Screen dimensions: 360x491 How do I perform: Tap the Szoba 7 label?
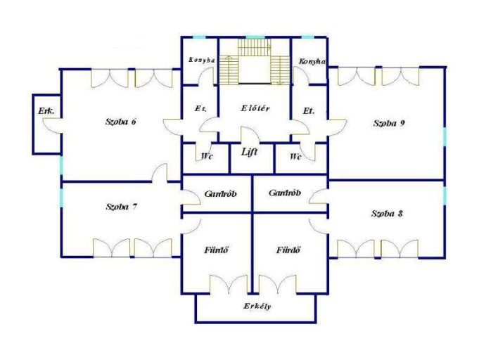[x=121, y=207]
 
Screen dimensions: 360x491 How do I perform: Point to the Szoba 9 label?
[x=388, y=123]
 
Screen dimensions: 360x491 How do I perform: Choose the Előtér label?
[x=255, y=108]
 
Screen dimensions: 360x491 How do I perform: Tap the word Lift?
[x=249, y=152]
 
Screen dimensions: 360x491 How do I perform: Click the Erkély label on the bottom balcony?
[x=257, y=307]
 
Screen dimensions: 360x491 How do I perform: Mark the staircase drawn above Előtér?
[x=254, y=63]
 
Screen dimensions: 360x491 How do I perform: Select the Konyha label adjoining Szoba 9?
[x=312, y=62]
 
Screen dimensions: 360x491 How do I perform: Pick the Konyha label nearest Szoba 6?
[x=201, y=60]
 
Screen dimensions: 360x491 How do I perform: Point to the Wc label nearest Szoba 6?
[x=207, y=156]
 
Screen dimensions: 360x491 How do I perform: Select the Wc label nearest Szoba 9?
[x=295, y=156]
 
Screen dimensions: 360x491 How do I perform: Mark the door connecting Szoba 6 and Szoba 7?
[x=160, y=174]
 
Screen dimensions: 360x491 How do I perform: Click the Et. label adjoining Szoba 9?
[x=307, y=111]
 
